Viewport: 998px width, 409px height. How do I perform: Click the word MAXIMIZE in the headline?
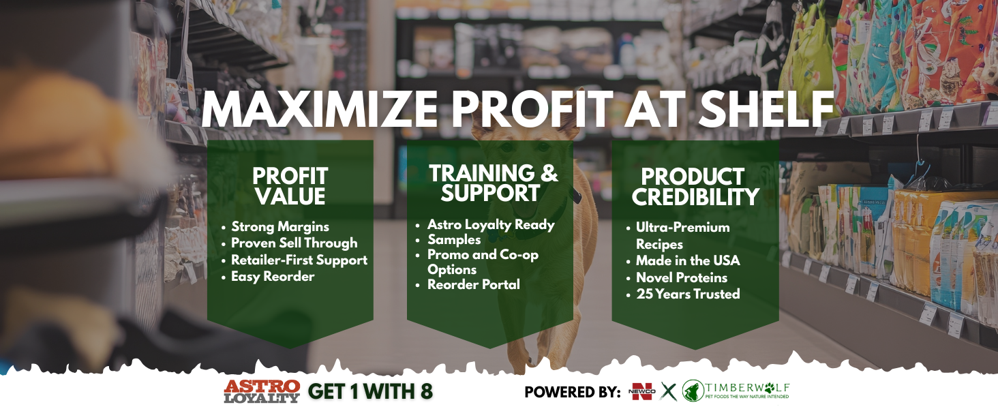pos(320,110)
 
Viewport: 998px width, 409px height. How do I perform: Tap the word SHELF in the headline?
pos(766,110)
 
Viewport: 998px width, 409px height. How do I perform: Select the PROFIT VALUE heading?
pos(290,187)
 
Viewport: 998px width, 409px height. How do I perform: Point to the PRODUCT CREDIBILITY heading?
pos(695,187)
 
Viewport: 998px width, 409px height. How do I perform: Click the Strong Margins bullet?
pos(279,226)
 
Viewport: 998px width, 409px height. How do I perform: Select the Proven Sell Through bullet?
pos(294,243)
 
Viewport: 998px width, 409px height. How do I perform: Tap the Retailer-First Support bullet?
pos(299,260)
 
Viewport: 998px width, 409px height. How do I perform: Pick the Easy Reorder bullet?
pos(273,276)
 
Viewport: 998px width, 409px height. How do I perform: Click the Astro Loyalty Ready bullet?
pos(491,224)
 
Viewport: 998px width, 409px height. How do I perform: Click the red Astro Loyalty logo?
pos(262,391)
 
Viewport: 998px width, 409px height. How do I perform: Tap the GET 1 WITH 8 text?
pos(370,392)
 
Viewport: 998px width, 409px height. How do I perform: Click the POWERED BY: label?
pos(573,392)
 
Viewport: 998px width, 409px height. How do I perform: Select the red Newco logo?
pos(642,392)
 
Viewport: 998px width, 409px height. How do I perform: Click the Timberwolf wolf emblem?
pos(693,391)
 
